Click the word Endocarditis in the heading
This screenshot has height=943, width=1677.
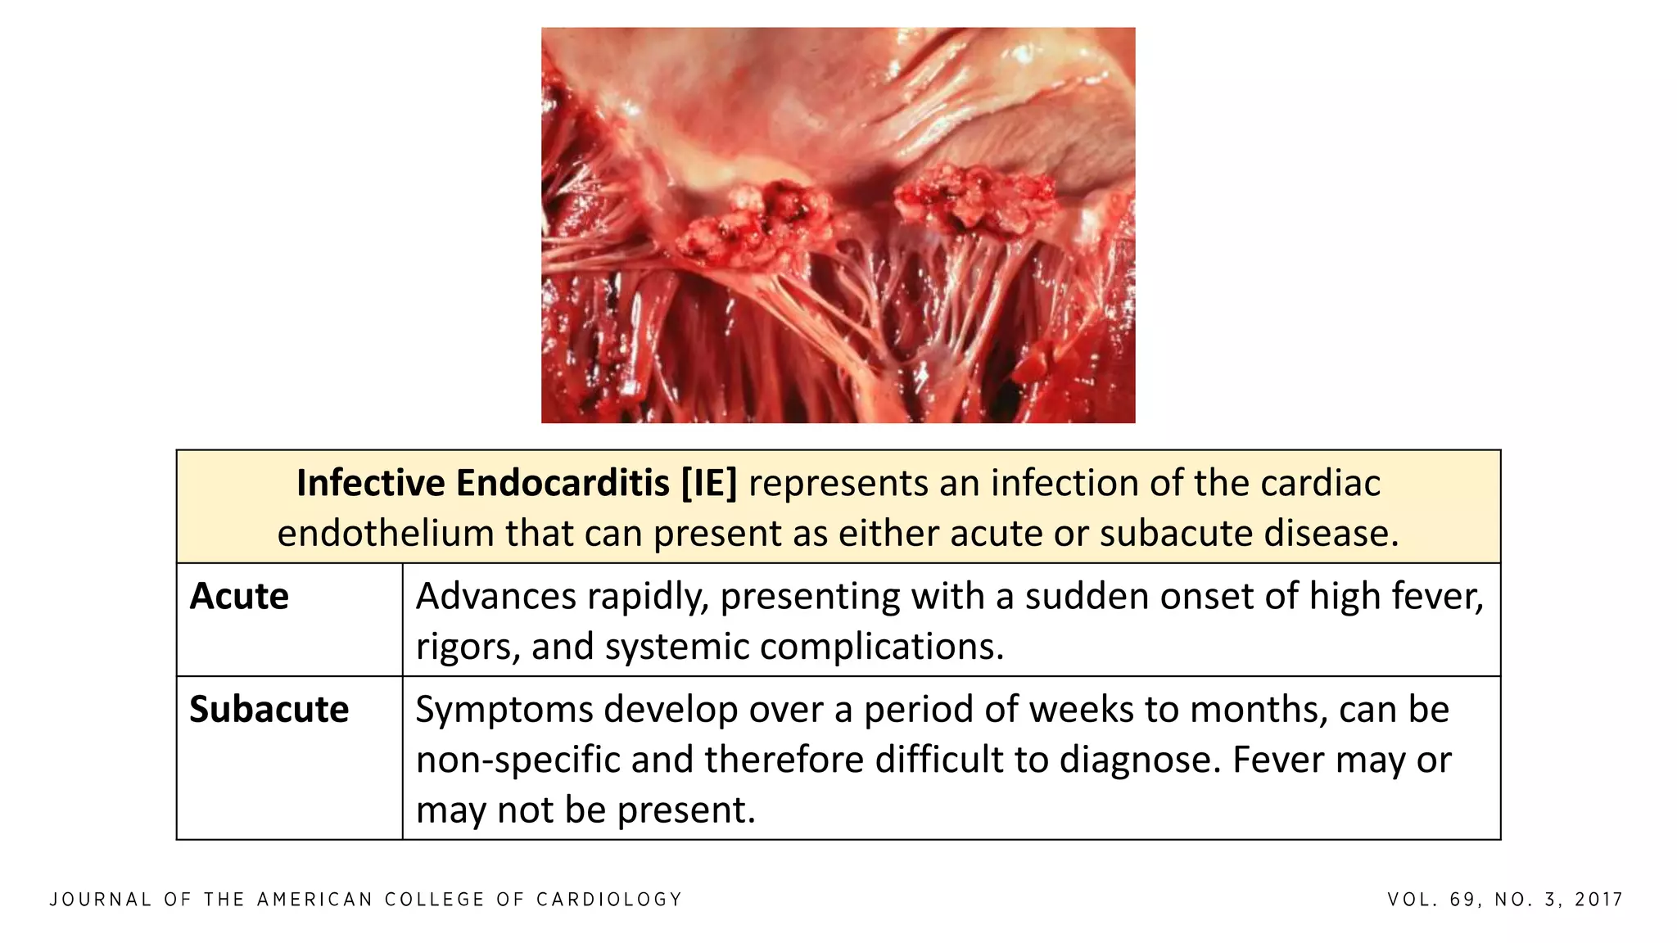(563, 483)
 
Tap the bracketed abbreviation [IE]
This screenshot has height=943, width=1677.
(709, 483)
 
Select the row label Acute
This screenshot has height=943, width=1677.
(239, 597)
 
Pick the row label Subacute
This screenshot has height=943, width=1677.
(269, 710)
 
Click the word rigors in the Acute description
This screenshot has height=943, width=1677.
(467, 647)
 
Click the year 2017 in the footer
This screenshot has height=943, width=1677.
(1599, 900)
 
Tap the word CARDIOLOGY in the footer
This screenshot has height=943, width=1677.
(609, 900)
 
